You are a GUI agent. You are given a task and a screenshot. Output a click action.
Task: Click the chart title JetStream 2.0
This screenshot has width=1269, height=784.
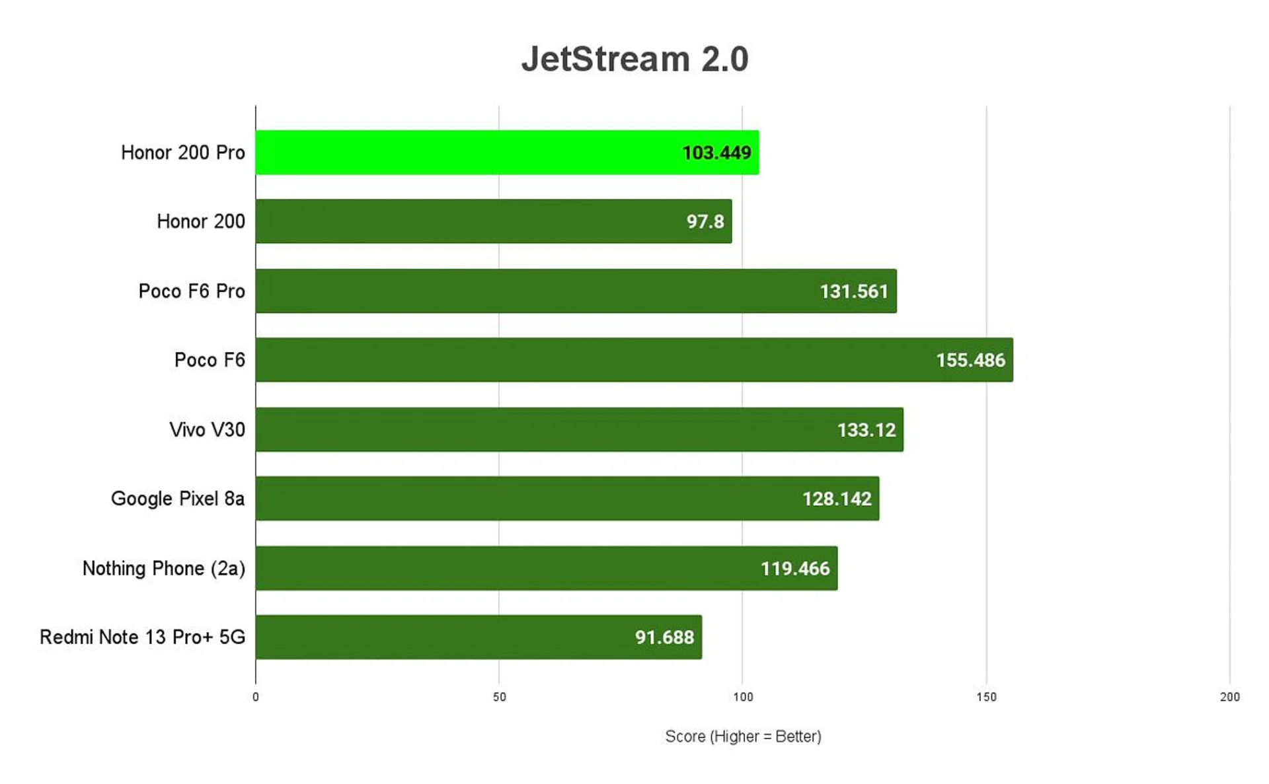(634, 59)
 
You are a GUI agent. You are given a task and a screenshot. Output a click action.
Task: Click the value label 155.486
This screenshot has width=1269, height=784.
(970, 360)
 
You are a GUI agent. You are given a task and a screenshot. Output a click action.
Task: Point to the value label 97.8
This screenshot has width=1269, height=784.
(705, 221)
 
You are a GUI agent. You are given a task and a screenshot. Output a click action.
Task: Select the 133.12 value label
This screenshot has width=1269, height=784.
(866, 430)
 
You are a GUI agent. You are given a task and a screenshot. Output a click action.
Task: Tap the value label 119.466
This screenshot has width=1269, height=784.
(795, 569)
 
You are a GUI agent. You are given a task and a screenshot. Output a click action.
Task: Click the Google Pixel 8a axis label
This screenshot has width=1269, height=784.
(178, 499)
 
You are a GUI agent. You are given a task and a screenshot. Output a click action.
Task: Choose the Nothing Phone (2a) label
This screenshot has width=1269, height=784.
(163, 569)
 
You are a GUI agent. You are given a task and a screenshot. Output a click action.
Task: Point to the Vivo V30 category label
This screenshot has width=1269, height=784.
(207, 430)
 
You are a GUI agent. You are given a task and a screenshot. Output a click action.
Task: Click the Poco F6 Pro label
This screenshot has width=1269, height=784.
(192, 291)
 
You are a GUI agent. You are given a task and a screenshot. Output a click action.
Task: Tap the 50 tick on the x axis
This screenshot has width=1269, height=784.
(499, 697)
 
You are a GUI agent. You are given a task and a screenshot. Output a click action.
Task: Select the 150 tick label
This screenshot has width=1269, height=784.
(986, 697)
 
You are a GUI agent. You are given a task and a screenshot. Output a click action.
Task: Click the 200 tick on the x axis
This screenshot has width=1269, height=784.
(1229, 697)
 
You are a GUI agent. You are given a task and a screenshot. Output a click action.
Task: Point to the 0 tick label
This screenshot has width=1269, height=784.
(256, 697)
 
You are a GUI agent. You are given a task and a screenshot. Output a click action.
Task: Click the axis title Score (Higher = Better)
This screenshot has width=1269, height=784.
(743, 736)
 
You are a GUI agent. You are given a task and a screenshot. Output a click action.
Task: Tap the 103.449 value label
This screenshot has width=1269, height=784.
(716, 153)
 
